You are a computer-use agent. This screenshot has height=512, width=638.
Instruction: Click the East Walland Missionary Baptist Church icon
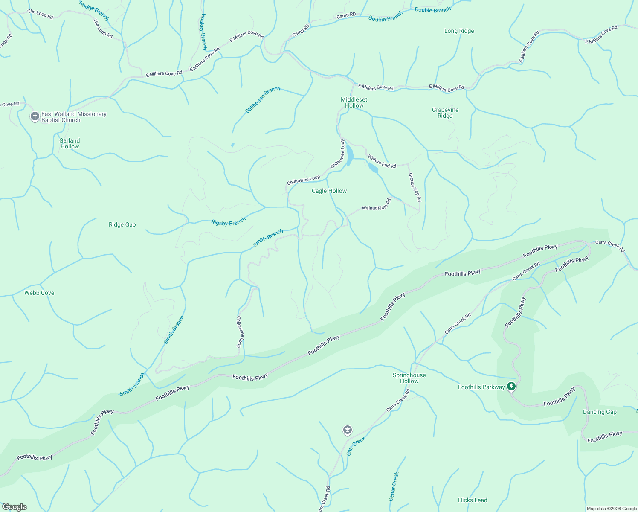click(x=35, y=116)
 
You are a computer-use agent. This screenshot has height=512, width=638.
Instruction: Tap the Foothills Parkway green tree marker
click(x=511, y=387)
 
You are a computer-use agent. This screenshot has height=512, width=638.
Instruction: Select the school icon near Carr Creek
click(x=348, y=430)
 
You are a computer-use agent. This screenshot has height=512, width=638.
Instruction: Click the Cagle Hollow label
click(x=329, y=191)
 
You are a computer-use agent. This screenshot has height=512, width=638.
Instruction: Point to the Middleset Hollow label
click(x=354, y=102)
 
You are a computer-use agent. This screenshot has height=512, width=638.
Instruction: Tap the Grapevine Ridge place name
click(x=445, y=113)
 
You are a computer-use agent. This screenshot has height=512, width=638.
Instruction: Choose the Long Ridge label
click(x=459, y=31)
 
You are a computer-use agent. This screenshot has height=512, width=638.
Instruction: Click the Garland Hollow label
click(x=70, y=143)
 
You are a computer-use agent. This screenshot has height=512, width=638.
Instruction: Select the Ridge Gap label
click(x=122, y=224)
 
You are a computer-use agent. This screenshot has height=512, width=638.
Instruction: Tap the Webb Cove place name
click(x=39, y=293)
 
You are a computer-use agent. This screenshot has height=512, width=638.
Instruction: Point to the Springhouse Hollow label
click(x=409, y=378)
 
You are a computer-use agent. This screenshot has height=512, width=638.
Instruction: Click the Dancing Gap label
click(x=600, y=412)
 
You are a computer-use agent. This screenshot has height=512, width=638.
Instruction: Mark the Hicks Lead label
click(x=472, y=500)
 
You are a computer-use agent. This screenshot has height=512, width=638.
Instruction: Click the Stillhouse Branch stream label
click(x=262, y=99)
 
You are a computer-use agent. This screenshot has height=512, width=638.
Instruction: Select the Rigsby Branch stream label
click(x=228, y=222)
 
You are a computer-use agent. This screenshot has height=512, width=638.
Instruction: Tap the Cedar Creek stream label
click(x=393, y=486)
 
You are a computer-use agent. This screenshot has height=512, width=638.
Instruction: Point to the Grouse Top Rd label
click(x=415, y=187)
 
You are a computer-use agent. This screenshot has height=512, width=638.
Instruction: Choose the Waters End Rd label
click(x=382, y=162)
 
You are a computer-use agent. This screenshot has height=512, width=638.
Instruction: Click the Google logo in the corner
click(x=14, y=506)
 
